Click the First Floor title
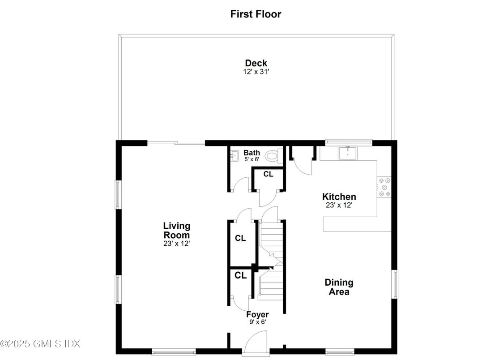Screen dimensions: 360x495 256,14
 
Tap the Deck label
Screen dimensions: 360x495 256,63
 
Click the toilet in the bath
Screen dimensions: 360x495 272,156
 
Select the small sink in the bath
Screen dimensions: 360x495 234,156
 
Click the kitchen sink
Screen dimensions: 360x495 348,153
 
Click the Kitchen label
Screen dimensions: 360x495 339,197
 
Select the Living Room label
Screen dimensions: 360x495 176,230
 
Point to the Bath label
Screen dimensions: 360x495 252,153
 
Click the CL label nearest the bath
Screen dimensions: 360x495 268,174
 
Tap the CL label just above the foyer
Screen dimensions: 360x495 241,275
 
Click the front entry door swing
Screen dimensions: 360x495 257,340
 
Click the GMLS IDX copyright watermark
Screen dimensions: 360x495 40,344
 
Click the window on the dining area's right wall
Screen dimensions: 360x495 395,284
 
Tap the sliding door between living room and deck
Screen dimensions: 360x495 176,143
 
